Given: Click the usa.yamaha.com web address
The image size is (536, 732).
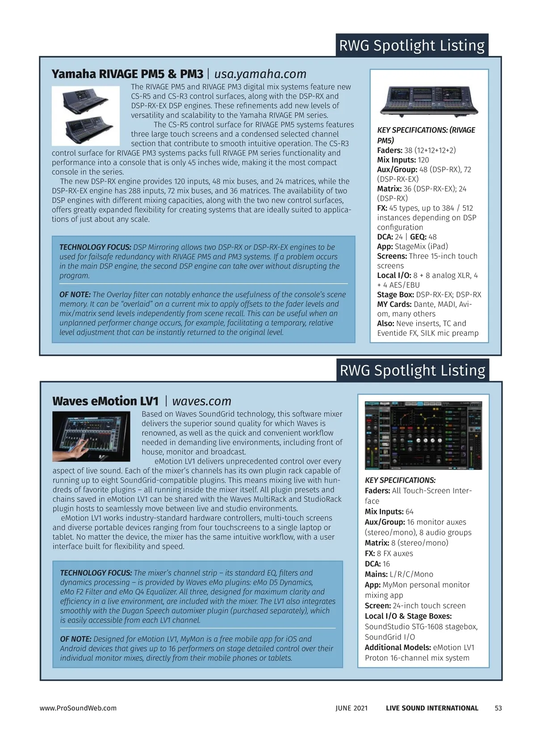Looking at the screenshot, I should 260,74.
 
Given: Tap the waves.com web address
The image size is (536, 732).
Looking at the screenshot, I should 201,401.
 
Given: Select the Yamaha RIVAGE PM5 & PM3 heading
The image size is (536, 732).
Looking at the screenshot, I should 127,74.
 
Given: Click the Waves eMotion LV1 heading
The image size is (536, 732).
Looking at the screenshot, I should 105,401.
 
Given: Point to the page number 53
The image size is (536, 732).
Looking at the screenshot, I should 498,708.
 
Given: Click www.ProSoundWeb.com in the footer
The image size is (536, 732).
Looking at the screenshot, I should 78,708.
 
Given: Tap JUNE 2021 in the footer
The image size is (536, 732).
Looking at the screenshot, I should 352,708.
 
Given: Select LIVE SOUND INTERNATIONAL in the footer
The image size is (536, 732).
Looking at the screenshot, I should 432,708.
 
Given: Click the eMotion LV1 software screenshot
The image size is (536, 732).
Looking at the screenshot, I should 423,435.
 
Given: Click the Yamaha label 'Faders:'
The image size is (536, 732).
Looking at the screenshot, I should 389,150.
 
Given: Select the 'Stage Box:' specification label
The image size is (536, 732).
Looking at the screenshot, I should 395,294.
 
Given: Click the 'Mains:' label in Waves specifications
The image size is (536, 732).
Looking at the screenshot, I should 376,574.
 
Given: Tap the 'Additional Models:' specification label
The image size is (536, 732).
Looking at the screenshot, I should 398,647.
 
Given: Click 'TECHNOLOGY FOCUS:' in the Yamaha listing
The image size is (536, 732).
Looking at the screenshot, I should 95,247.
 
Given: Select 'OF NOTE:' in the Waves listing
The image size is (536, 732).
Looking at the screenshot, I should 75,639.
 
